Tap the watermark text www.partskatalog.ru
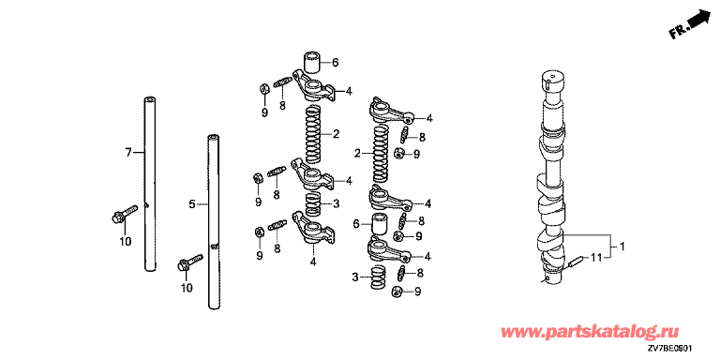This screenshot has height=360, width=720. click(x=591, y=331)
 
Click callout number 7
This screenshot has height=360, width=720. click(x=128, y=152)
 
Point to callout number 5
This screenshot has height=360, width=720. click(x=192, y=202)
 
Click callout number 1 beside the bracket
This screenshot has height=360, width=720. click(x=622, y=247)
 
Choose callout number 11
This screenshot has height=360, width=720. click(x=595, y=258)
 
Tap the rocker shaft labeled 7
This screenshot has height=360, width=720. click(x=150, y=184)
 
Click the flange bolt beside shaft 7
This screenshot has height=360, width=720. click(x=124, y=215)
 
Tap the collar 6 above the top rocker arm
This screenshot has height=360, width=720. click(x=311, y=64)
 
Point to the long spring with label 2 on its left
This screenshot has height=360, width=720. click(x=381, y=154)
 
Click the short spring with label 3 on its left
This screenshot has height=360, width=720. click(x=379, y=277)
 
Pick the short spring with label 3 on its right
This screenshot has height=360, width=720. click(x=314, y=203)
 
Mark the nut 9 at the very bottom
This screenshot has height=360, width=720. click(x=397, y=292)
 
